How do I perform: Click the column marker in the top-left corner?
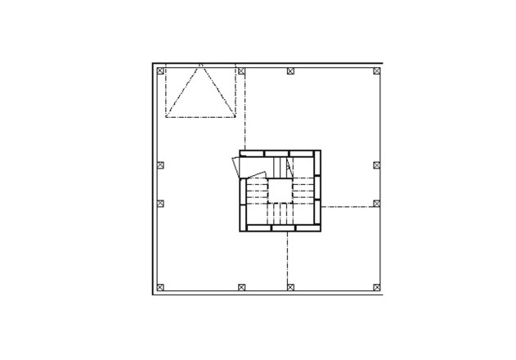pyautogui.click(x=160, y=70)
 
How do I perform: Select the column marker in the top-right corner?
pyautogui.click(x=377, y=71)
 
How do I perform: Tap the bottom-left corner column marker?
pyautogui.click(x=160, y=287)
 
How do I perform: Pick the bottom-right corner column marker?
pyautogui.click(x=377, y=287)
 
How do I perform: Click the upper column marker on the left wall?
pyautogui.click(x=160, y=164)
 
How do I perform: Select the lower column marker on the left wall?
pyautogui.click(x=160, y=203)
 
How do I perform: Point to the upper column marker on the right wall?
pyautogui.click(x=377, y=164)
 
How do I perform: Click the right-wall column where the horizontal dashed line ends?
pyautogui.click(x=377, y=203)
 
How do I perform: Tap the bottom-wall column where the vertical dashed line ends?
pyautogui.click(x=289, y=287)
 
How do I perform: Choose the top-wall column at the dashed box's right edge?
pyautogui.click(x=241, y=71)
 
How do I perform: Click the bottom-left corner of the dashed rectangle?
pyautogui.click(x=166, y=118)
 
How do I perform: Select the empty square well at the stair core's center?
pyautogui.click(x=280, y=191)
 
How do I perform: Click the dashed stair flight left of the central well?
pyautogui.click(x=257, y=191)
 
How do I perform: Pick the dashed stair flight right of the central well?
pyautogui.click(x=303, y=191)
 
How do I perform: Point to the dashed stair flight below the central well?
pyautogui.click(x=280, y=214)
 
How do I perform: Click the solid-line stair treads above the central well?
pyautogui.click(x=282, y=167)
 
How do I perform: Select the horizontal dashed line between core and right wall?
pyautogui.click(x=347, y=207)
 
